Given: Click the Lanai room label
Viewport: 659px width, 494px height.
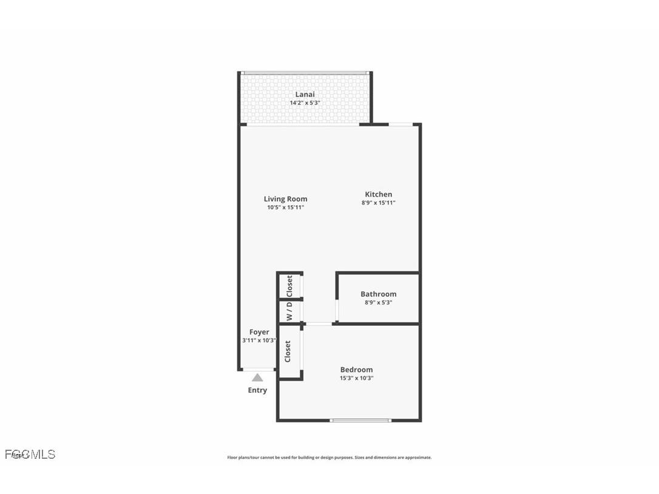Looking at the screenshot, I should point(305,94).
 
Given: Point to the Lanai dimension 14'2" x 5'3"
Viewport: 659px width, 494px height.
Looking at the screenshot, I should point(305,103).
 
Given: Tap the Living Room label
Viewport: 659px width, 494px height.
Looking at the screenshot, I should point(285,199).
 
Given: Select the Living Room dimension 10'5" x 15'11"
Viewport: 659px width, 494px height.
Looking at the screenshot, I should point(285,208).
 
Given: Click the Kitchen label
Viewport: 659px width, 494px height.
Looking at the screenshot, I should point(378,194).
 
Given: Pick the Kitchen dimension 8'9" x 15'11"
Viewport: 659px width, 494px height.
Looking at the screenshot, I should point(378,203).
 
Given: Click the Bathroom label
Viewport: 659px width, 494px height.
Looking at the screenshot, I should point(378,294).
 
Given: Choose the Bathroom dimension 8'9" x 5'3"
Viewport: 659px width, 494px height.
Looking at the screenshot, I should point(378,303).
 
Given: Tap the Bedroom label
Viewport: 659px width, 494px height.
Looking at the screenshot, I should point(356,370).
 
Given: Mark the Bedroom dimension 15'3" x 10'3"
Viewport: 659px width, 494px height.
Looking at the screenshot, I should point(356,378).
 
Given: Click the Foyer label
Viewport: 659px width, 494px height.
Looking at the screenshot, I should point(259,332).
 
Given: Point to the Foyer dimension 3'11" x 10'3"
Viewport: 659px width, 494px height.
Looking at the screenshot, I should point(259,340).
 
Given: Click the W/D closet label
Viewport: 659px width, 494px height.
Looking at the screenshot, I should point(289,312).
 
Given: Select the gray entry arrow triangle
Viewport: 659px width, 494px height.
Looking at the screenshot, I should point(257,377).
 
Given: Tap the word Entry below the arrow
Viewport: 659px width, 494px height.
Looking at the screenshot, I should point(257,390).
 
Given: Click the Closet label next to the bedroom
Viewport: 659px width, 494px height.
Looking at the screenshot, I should point(288,351).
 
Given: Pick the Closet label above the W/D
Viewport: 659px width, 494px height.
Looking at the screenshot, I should point(289,285).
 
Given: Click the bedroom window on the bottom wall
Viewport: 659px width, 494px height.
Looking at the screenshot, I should point(360,420).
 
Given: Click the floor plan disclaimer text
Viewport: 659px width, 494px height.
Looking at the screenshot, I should point(329,458).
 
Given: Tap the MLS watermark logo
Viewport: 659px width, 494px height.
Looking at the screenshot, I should point(30,454).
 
